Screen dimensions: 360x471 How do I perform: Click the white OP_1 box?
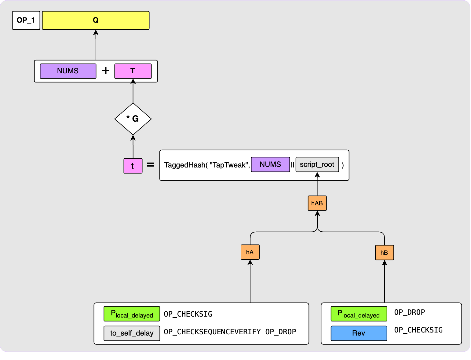[26, 20]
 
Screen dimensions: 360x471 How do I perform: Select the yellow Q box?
[96, 20]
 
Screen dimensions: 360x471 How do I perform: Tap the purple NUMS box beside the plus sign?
[68, 71]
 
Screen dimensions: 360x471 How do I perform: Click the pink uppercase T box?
[133, 71]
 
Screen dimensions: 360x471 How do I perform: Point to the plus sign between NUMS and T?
[106, 71]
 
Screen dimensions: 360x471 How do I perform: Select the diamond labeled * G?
[133, 119]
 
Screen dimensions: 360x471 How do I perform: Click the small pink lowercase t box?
[133, 166]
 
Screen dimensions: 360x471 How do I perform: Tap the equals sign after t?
[150, 165]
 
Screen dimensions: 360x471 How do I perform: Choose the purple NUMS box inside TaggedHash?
[270, 164]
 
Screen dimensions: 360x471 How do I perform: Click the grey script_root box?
[317, 164]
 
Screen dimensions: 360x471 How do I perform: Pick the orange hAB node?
[317, 203]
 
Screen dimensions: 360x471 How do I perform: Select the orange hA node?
[250, 252]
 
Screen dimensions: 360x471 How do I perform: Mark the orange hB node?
[384, 253]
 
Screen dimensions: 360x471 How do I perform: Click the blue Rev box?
[359, 333]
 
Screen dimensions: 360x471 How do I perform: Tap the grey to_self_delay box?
[132, 333]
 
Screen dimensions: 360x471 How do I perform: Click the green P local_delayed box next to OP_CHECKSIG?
[132, 314]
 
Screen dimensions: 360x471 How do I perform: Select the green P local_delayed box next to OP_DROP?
[359, 314]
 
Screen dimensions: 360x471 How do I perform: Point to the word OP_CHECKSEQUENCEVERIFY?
[212, 332]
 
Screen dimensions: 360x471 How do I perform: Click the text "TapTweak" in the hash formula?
[229, 165]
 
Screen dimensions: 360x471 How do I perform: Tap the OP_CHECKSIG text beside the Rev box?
[418, 330]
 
